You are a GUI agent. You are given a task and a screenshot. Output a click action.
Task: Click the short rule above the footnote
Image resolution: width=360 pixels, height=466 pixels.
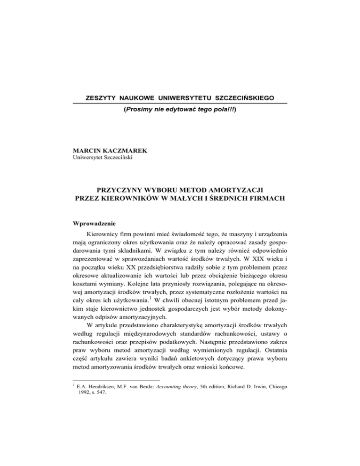click(111, 413)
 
